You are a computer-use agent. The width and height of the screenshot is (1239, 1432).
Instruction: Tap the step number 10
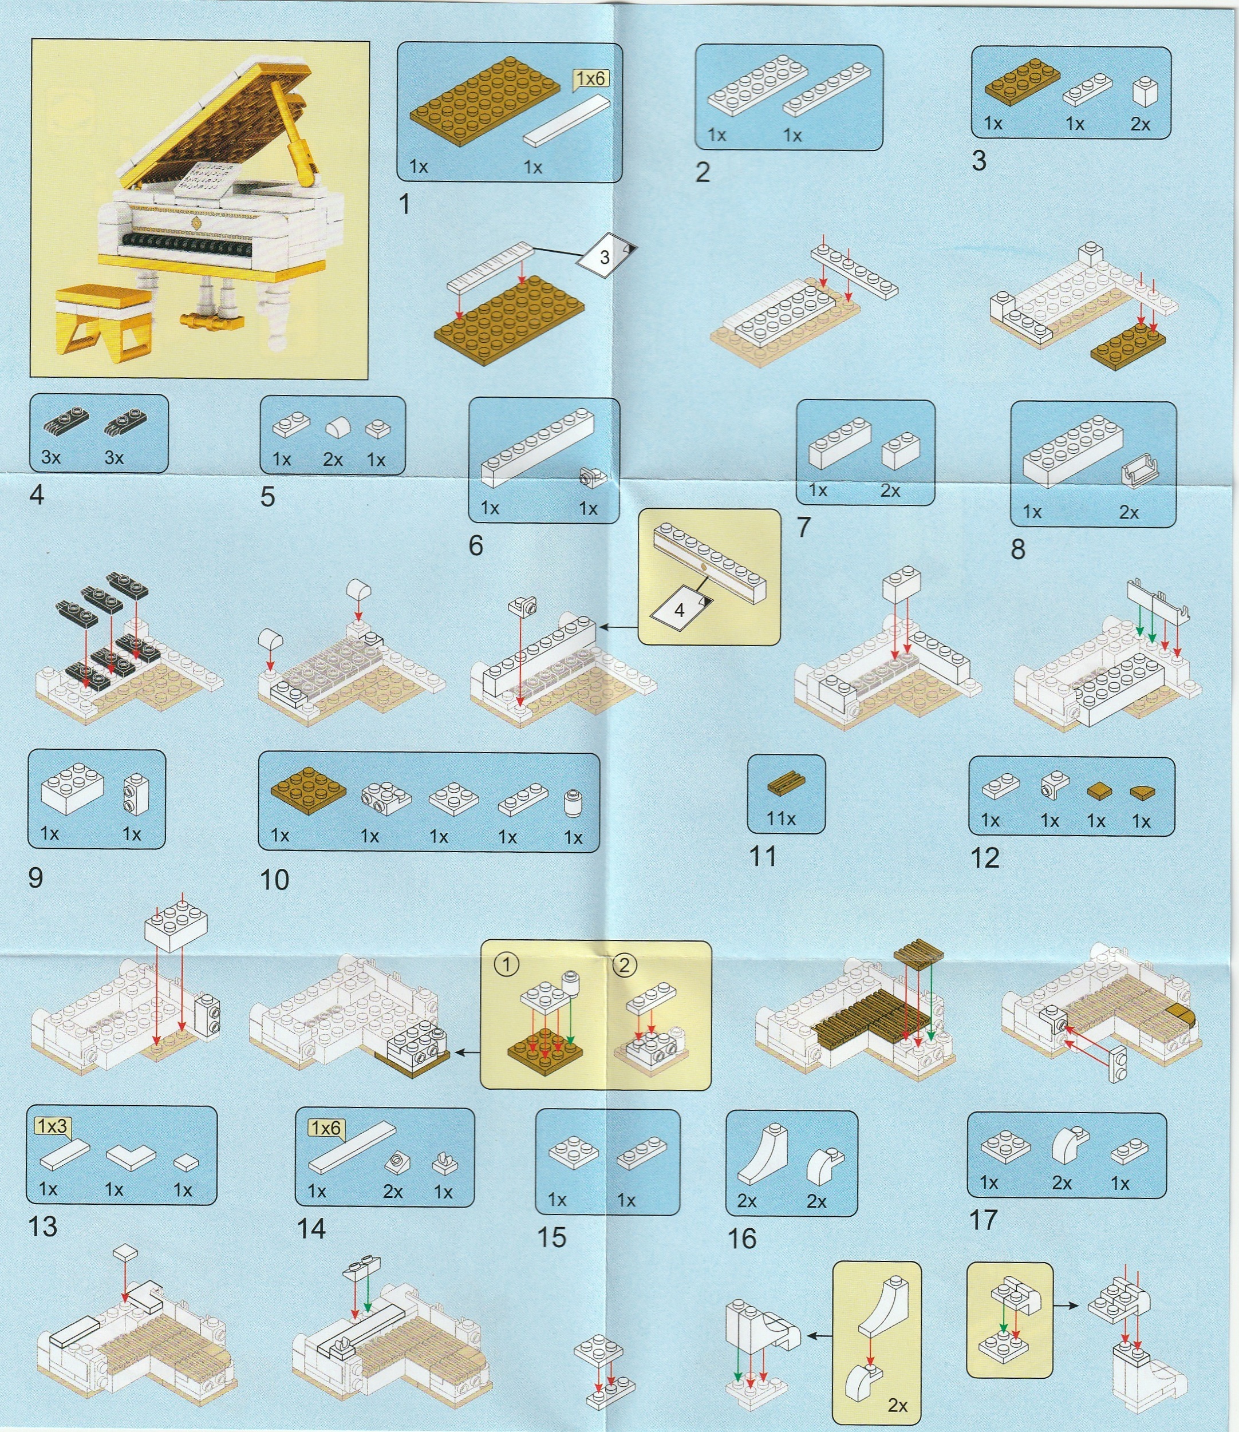[274, 880]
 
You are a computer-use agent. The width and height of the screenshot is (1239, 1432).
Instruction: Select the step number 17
[984, 1219]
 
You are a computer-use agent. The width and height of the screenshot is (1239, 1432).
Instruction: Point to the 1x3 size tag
[53, 1126]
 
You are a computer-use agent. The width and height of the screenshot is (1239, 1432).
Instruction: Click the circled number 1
[507, 965]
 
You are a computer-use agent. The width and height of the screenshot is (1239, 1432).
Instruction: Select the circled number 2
[624, 965]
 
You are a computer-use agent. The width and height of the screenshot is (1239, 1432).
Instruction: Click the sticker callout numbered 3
[606, 258]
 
